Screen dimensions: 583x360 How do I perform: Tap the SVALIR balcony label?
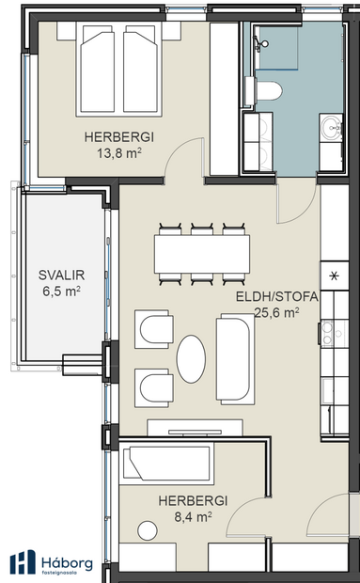tap(60, 282)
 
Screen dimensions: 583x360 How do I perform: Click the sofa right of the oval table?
tap(234, 360)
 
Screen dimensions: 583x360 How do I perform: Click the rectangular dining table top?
tap(202, 252)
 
